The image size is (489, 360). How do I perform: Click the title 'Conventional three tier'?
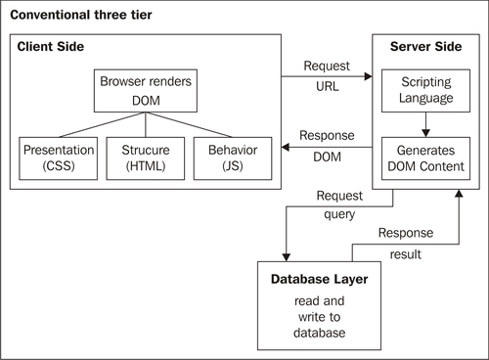click(81, 15)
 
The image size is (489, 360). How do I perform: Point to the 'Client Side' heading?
click(51, 47)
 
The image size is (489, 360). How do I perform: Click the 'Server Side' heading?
click(425, 47)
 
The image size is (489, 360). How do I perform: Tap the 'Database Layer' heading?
click(319, 280)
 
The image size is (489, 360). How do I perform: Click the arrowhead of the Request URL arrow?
click(369, 76)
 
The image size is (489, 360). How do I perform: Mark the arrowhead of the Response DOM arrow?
click(286, 147)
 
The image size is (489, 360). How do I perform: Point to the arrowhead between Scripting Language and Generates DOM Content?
click(425, 133)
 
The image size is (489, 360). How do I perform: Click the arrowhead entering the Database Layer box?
click(287, 257)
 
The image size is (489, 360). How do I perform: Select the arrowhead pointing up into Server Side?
click(459, 194)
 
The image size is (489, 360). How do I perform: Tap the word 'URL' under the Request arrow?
click(328, 87)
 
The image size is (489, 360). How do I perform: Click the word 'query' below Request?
click(339, 215)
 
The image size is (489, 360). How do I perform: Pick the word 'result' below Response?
click(406, 254)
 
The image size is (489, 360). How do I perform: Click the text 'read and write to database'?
click(319, 317)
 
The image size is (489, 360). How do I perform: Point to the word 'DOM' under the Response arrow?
click(328, 157)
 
